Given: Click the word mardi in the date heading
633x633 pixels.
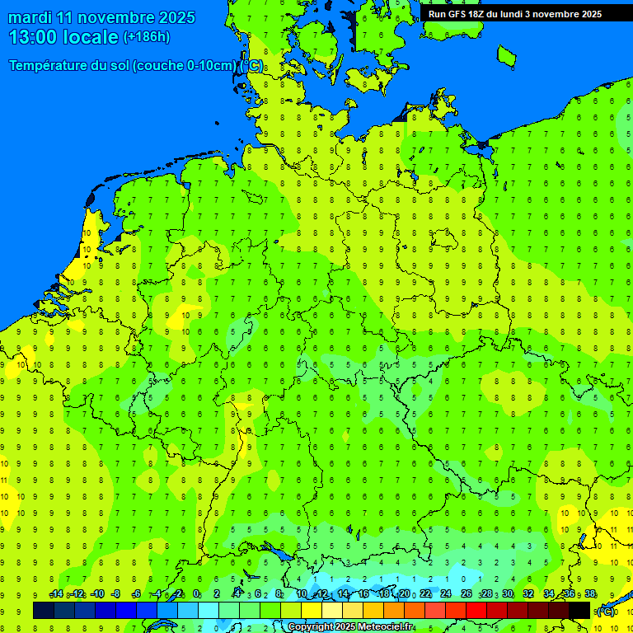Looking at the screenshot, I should click(x=30, y=17).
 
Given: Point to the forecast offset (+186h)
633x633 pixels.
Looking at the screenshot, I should click(x=146, y=37).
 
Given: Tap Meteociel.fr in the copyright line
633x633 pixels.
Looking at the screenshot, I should click(x=386, y=627).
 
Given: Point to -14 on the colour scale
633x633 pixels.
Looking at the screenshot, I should click(x=56, y=594).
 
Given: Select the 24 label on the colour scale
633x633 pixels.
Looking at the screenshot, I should click(x=446, y=594).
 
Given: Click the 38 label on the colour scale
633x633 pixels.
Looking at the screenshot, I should click(x=590, y=594).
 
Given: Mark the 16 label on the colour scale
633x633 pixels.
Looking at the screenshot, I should click(x=363, y=594).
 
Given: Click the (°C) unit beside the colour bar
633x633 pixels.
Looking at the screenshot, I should click(x=605, y=612).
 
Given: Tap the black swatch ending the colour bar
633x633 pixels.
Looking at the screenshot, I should click(x=579, y=610).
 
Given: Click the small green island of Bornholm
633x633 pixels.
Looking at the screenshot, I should click(x=506, y=55).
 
